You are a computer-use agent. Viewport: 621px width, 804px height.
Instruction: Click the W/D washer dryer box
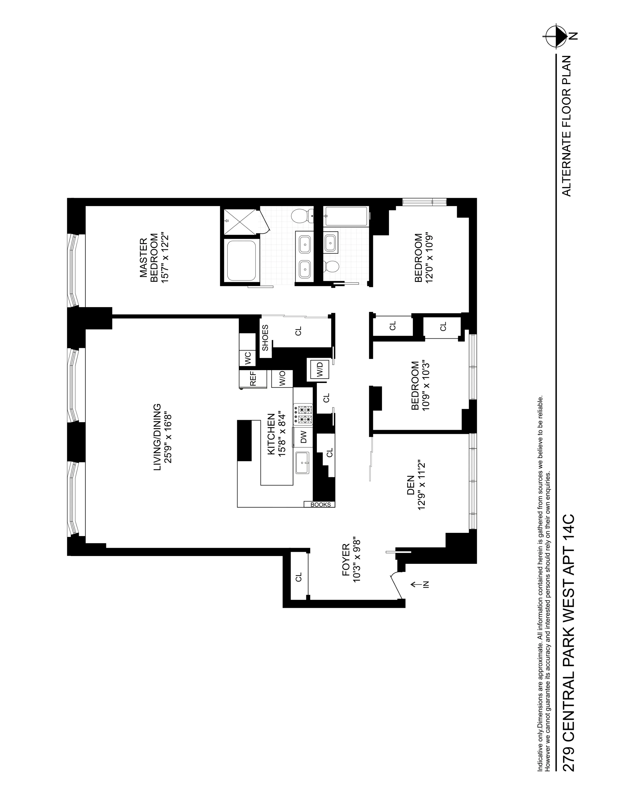coord(319,370)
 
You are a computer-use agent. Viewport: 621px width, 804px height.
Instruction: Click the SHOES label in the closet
coord(265,338)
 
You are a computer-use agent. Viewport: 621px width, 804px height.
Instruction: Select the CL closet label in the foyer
coord(298,577)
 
